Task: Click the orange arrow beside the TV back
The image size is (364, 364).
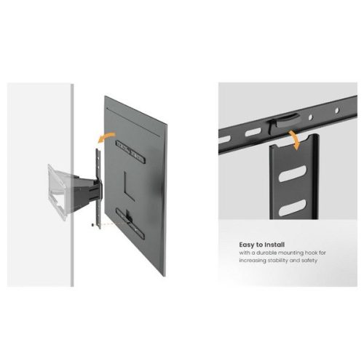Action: pos(108,135)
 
